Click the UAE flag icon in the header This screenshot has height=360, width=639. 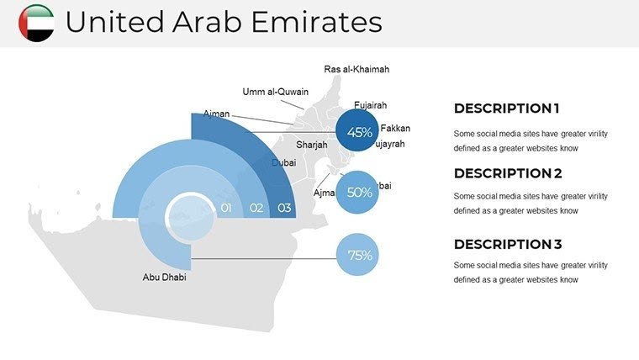(35, 23)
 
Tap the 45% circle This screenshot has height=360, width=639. (359, 132)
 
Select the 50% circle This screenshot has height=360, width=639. (359, 192)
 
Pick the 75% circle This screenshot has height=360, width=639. (359, 256)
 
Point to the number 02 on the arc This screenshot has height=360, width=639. (256, 208)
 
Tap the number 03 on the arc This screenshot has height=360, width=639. (285, 208)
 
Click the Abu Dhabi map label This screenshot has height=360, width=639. (164, 277)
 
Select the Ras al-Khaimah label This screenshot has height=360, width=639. (356, 69)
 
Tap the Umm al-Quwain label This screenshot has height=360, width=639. (276, 92)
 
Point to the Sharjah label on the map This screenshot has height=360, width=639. (311, 145)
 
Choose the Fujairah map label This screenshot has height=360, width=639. (371, 105)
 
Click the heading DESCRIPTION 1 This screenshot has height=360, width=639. (506, 109)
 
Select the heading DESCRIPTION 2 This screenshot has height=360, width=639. (506, 174)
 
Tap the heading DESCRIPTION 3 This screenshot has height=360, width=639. (506, 245)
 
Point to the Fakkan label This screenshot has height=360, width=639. (395, 129)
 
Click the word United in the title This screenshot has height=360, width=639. (107, 23)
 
